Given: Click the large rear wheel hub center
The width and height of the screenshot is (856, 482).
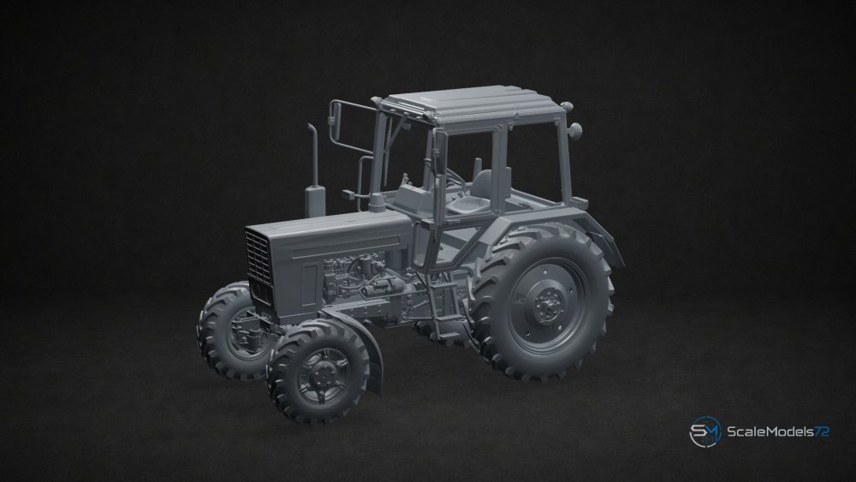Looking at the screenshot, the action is (546, 306).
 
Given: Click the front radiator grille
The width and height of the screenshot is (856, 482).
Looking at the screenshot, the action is (259, 259).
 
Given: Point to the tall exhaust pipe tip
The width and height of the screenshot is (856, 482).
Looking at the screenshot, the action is (312, 128).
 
